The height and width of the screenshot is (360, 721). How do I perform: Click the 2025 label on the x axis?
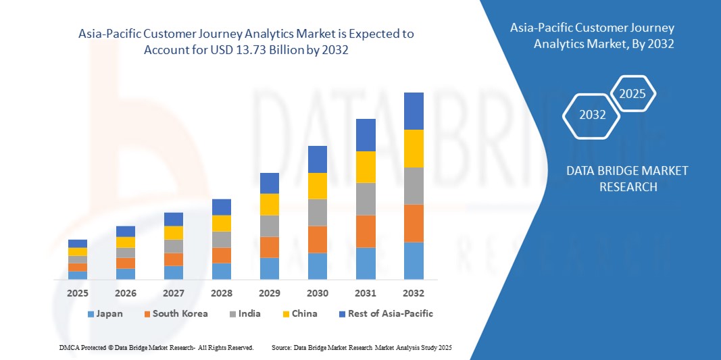[x=78, y=293]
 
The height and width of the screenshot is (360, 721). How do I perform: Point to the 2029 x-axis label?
[x=270, y=293]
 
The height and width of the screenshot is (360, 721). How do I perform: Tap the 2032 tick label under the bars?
[x=414, y=293]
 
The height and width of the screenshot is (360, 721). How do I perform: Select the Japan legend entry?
[x=105, y=313]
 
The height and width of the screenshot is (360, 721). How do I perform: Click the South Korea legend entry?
[x=174, y=313]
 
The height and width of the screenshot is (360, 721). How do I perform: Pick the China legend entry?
[x=299, y=313]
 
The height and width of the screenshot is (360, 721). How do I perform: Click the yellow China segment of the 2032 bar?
[x=414, y=148]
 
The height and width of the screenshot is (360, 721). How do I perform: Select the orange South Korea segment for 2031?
[x=366, y=231]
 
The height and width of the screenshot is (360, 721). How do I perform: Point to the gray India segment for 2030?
[x=318, y=212]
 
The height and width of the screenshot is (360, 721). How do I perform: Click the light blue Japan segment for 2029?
[x=270, y=268]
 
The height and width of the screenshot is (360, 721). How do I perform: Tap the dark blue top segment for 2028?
[x=222, y=207]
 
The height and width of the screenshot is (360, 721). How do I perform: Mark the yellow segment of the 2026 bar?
[x=126, y=242]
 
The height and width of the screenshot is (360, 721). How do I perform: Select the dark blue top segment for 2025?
[x=78, y=243]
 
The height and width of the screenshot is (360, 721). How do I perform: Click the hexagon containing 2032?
[x=592, y=115]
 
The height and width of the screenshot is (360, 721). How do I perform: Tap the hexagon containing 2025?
[x=632, y=94]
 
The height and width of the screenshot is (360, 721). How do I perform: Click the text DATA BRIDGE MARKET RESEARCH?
[x=627, y=178]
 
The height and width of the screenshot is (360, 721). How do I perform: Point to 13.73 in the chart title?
[x=257, y=50]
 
